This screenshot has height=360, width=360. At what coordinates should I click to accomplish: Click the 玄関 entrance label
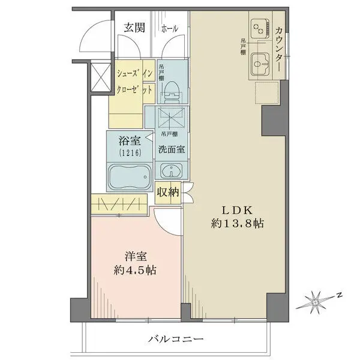[134, 27]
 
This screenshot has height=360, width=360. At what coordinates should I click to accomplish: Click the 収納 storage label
[168, 192]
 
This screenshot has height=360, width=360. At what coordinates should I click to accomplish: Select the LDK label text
[238, 211]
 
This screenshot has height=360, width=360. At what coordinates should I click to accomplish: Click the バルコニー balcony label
[177, 339]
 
